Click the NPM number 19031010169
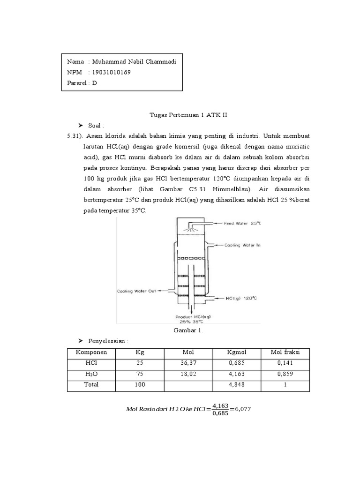(x=112, y=72)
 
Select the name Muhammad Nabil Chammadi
(x=134, y=61)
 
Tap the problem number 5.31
(x=77, y=135)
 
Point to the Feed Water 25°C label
(x=242, y=223)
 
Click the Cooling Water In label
(x=242, y=245)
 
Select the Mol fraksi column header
(x=285, y=352)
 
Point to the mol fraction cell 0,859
(x=285, y=374)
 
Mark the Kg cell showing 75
(x=140, y=374)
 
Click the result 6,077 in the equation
(x=242, y=408)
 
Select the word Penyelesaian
(x=105, y=341)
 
